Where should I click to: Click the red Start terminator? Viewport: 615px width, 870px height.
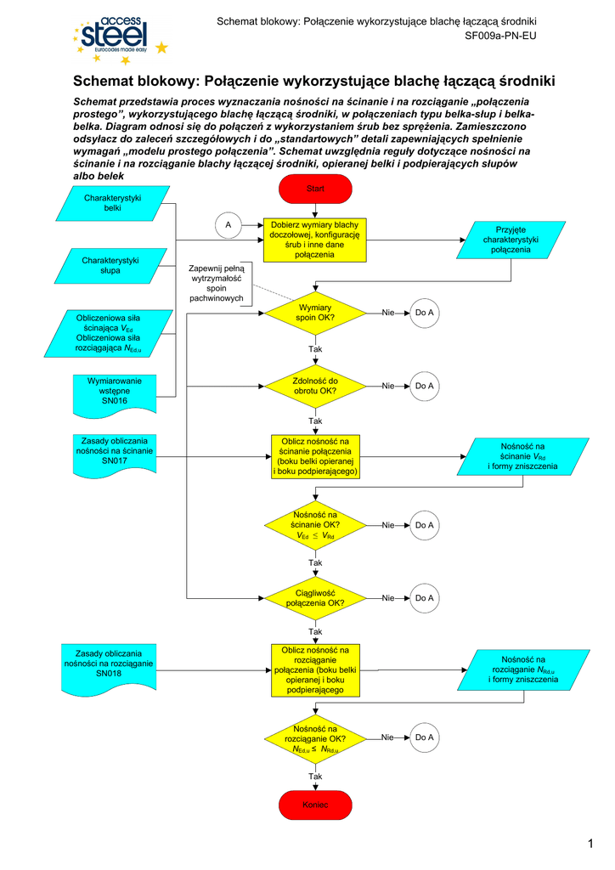click(x=315, y=189)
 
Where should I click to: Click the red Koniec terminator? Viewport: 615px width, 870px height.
click(x=315, y=805)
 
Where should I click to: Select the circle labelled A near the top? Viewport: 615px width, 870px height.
click(x=228, y=225)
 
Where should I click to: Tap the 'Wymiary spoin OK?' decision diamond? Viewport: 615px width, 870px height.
click(x=315, y=314)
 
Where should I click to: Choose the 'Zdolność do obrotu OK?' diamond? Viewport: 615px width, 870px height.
click(x=315, y=387)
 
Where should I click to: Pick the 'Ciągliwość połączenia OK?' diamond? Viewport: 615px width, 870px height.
click(x=315, y=598)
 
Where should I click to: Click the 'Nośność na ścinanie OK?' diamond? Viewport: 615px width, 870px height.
click(x=315, y=526)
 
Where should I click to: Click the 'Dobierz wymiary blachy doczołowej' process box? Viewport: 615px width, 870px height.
click(x=315, y=239)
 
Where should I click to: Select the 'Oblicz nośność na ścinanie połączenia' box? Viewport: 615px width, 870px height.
click(x=315, y=457)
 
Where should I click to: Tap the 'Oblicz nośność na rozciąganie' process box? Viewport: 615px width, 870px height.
click(x=315, y=670)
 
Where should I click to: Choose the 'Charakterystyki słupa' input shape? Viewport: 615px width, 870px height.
click(x=110, y=265)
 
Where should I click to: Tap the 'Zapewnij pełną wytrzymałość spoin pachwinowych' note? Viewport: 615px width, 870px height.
click(x=217, y=283)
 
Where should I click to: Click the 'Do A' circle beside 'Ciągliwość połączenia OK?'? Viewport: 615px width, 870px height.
click(x=425, y=598)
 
